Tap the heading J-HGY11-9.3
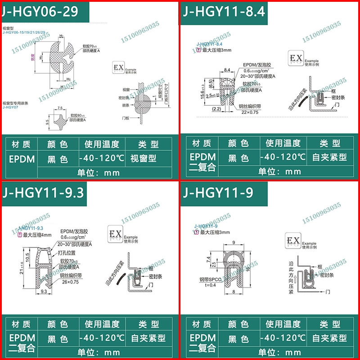click(43, 192)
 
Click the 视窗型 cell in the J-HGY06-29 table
click(143, 158)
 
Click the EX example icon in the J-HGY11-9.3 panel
click(115, 235)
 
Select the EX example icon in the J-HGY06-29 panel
click(117, 68)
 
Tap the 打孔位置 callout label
click(67, 253)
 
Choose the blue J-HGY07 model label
click(9, 108)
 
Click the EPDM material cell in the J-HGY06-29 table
click(19, 158)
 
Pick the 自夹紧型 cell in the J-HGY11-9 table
click(328, 338)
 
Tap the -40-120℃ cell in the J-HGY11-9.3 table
click(99, 338)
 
